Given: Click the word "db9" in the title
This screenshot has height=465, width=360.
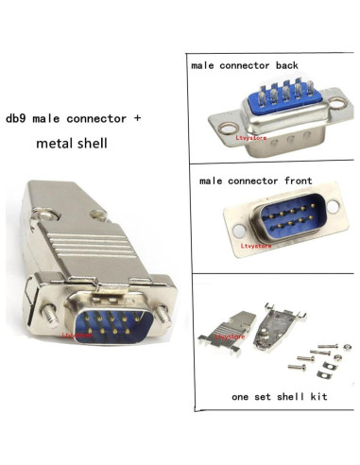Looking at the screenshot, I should (18, 119).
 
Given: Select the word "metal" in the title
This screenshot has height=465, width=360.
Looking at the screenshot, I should (54, 146).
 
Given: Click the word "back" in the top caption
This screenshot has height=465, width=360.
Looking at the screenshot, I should (283, 66).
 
